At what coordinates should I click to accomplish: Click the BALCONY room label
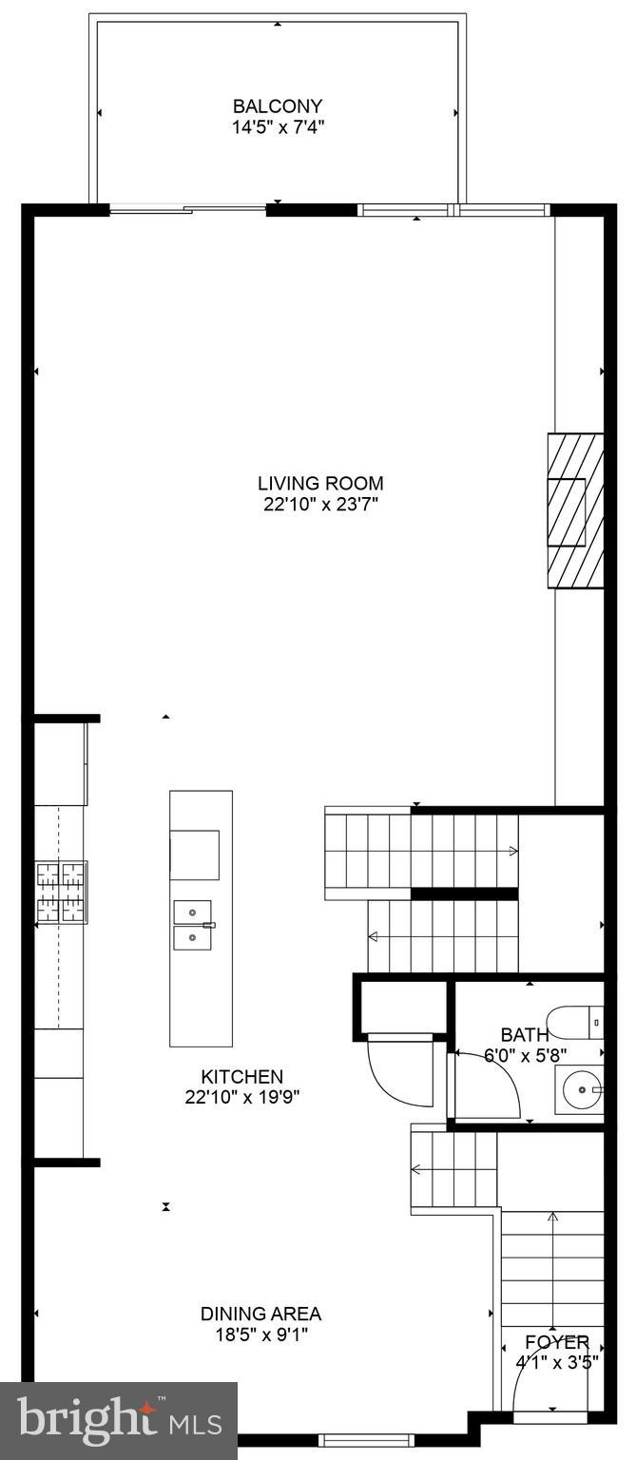278,106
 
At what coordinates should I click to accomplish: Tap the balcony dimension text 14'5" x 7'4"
278,126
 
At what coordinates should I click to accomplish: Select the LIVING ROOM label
321,483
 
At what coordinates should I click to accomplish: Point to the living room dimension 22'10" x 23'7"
321,504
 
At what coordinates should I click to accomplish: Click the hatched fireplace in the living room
575,510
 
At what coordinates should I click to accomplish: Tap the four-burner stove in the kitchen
62,891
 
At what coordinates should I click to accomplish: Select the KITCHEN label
241,1077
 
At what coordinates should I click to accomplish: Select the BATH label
524,1035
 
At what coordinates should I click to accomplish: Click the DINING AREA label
260,1314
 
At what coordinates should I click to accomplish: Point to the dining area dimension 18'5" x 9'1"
260,1335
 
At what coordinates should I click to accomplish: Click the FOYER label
557,1342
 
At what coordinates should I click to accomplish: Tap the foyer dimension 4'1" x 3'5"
557,1361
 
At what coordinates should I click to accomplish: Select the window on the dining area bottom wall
355,1440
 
